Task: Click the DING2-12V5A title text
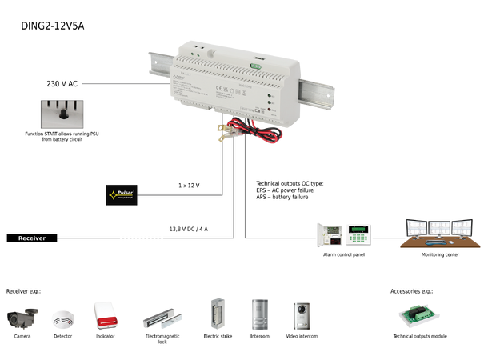[52, 26]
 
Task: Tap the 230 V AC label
[62, 82]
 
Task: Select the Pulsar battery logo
[121, 194]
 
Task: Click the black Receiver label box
[32, 238]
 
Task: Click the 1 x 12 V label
[189, 185]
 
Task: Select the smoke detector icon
[63, 319]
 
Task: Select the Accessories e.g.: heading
[410, 291]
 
